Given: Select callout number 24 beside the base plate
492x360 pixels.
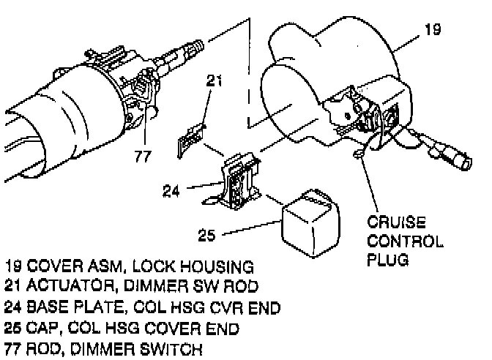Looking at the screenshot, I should point(173,192).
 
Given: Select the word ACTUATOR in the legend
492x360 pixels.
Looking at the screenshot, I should point(63,284).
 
